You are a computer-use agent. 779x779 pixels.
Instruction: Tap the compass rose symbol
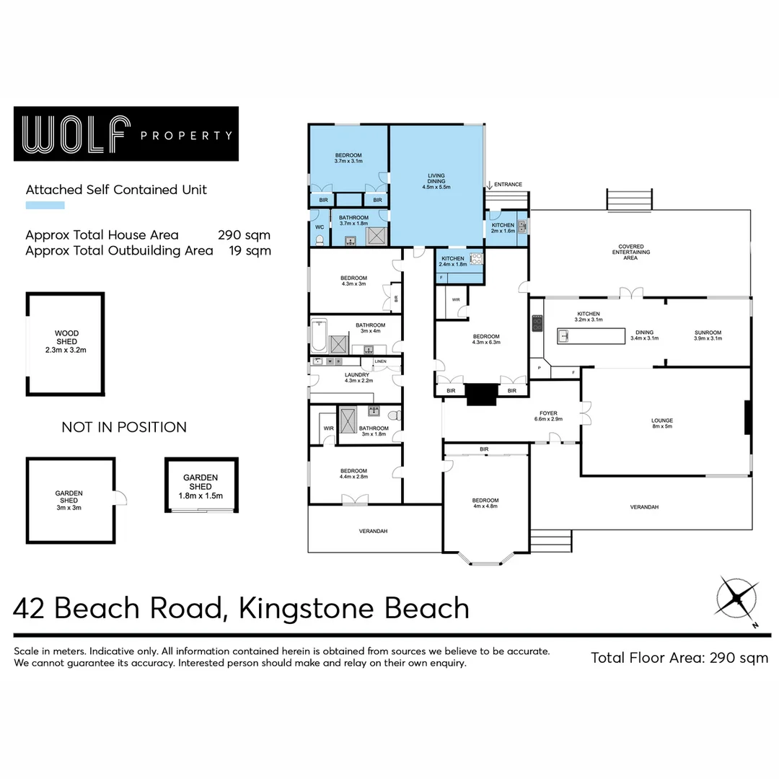click(737, 597)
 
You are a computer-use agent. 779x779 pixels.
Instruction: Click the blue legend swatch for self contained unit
click(45, 206)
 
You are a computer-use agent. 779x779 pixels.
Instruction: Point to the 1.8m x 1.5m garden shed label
click(201, 486)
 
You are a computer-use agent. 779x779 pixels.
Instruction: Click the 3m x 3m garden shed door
click(120, 498)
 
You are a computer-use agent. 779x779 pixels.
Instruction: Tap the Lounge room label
click(661, 423)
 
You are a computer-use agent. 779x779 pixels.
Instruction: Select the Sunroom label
click(708, 335)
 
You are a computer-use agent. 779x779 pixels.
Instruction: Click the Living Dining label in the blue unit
click(436, 180)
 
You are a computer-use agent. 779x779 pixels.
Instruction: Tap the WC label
click(320, 226)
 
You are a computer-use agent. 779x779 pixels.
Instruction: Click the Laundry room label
click(357, 377)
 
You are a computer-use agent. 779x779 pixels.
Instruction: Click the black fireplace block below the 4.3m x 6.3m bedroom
click(477, 394)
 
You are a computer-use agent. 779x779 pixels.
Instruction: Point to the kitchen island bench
click(591, 336)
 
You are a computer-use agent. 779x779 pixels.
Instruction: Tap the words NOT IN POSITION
click(124, 427)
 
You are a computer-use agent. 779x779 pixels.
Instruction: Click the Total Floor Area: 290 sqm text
click(679, 657)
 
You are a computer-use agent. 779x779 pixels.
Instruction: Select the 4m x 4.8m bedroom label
click(485, 503)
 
